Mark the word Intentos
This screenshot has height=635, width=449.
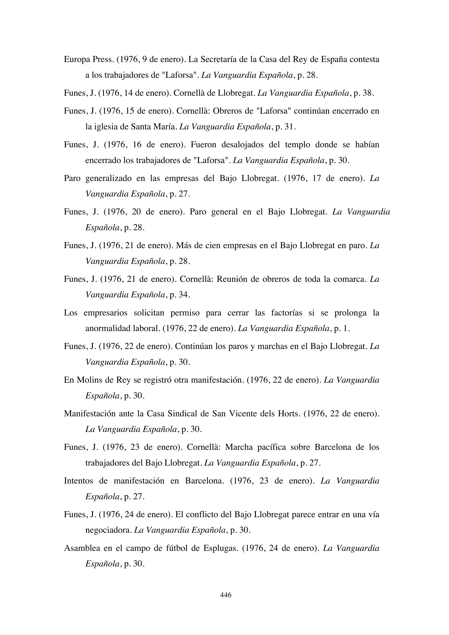(x=78, y=481)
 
